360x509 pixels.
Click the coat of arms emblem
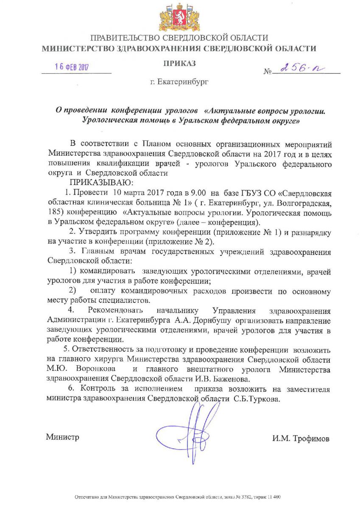click(179, 17)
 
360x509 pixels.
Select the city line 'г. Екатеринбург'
click(179, 81)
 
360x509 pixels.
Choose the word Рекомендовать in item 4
click(116, 310)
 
